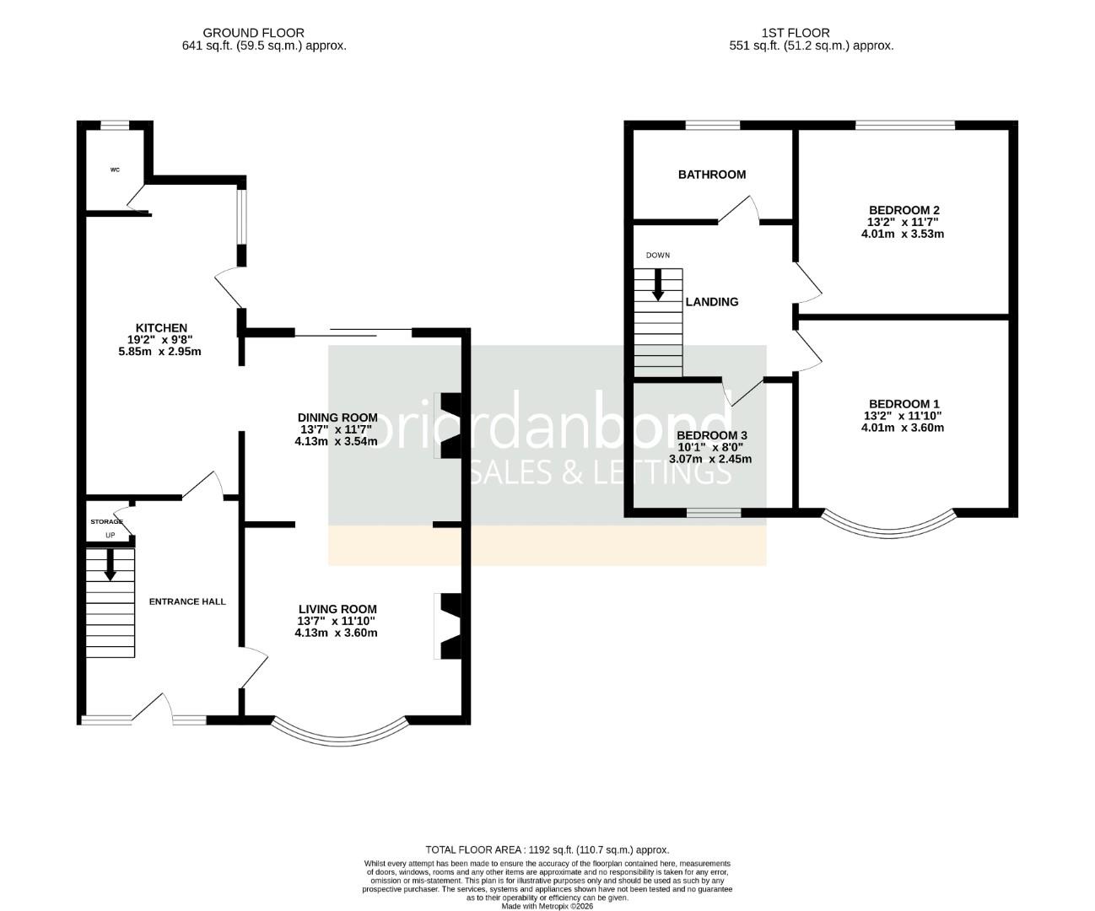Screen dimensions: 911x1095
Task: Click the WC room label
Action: click(115, 170)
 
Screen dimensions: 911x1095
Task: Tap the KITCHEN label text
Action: click(161, 328)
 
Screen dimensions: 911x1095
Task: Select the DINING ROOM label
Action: click(337, 418)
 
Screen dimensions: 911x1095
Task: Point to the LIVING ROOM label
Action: click(337, 609)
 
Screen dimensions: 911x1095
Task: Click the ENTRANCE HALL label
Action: click(187, 601)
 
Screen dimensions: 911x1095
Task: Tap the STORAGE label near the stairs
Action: click(106, 522)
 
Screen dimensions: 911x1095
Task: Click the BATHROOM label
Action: click(711, 175)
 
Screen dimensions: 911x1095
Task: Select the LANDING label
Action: click(711, 302)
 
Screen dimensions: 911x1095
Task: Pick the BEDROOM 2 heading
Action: click(904, 210)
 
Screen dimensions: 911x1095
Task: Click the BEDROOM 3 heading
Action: click(711, 436)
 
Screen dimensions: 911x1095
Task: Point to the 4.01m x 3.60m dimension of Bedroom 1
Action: click(903, 428)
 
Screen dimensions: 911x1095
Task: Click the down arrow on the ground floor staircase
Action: click(110, 564)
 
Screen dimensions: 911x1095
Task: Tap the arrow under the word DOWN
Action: click(657, 285)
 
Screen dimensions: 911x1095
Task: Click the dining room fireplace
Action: click(447, 426)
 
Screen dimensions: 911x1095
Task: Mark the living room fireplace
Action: click(447, 626)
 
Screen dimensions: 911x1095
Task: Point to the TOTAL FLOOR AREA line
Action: click(547, 849)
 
